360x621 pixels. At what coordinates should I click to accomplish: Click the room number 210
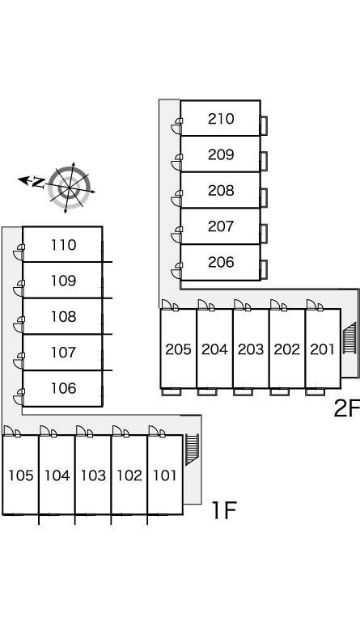[221, 119]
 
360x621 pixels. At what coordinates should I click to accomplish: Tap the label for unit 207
[221, 226]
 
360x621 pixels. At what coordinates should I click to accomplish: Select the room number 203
[250, 349]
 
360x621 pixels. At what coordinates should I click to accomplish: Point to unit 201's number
[322, 349]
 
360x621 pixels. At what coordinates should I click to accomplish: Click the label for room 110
[63, 245]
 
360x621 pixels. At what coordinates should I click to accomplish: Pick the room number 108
[63, 317]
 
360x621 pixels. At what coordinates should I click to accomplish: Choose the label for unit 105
[20, 475]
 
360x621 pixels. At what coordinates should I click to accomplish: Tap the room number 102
[129, 475]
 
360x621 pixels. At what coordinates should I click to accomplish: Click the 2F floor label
[346, 408]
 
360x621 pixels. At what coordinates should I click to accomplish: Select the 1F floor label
[224, 509]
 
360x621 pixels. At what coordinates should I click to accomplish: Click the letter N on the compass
[38, 182]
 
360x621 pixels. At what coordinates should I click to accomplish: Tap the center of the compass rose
[70, 188]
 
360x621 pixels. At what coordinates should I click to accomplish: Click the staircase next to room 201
[349, 339]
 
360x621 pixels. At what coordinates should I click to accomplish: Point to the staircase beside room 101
[192, 450]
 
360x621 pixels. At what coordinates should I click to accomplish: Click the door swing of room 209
[176, 162]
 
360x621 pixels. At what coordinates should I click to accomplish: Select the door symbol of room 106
[19, 397]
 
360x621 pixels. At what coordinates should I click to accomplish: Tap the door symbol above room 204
[206, 305]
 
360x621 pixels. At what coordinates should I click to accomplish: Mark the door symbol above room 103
[84, 431]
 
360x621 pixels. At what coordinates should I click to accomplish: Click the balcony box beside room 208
[264, 197]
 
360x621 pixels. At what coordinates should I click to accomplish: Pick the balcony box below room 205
[171, 392]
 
